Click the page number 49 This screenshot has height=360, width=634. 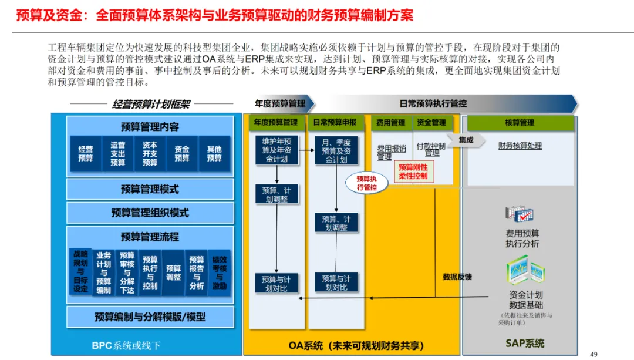click(x=593, y=354)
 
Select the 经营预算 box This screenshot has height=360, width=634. click(x=86, y=154)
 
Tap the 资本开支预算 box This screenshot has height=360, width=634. click(x=150, y=154)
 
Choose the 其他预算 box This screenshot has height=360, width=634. click(x=214, y=154)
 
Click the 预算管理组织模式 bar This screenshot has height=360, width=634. click(x=150, y=213)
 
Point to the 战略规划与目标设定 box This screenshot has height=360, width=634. click(x=80, y=271)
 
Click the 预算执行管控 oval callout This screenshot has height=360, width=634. click(x=367, y=183)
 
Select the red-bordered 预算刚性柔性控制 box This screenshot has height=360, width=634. click(x=413, y=171)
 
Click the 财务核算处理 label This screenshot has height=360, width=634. click(x=520, y=146)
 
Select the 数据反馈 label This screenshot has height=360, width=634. click(x=457, y=277)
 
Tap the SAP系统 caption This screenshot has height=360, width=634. click(x=525, y=344)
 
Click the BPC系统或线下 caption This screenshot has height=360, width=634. click(x=126, y=346)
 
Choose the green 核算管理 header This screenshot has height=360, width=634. click(x=520, y=123)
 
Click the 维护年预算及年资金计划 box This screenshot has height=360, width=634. click(x=276, y=150)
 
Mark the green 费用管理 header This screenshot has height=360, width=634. click(x=390, y=123)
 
